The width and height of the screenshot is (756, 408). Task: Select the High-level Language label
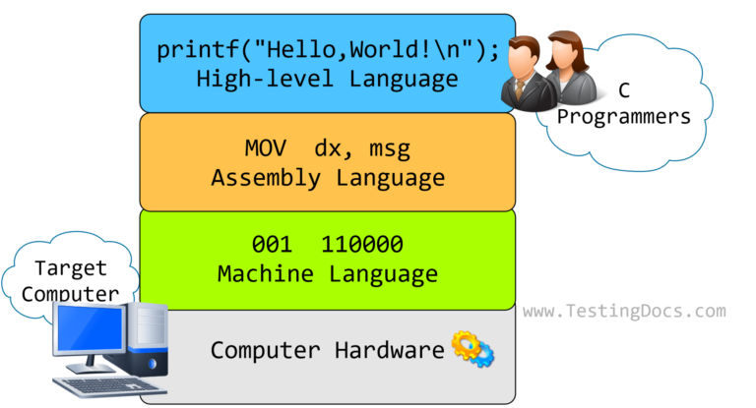tap(328, 78)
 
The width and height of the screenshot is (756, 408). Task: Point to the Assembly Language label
tap(328, 179)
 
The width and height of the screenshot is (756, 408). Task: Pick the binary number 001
tap(272, 245)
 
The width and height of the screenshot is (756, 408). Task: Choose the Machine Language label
tap(328, 274)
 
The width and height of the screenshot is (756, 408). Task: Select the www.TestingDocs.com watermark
tap(624, 312)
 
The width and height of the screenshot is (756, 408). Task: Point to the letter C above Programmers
tap(623, 90)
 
